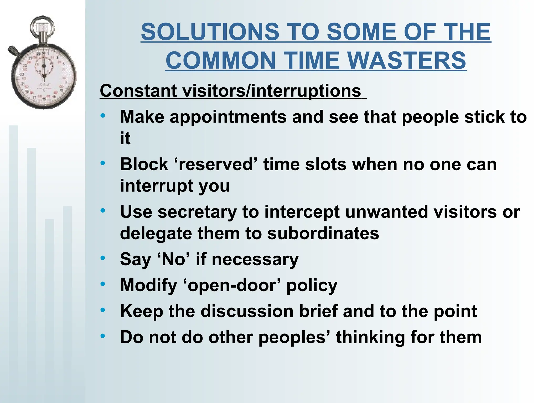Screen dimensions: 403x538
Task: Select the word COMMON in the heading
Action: (x=220, y=61)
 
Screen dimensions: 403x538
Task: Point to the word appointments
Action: (x=228, y=117)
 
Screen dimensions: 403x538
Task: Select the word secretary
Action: (x=197, y=212)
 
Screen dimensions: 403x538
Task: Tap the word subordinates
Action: (x=323, y=233)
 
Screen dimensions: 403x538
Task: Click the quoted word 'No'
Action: (x=173, y=259)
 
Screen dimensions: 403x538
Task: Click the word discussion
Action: (x=247, y=311)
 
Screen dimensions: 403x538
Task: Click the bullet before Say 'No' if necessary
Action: (x=103, y=258)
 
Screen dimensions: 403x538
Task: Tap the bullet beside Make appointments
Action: (x=103, y=115)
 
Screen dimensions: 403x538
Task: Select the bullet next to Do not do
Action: (x=103, y=336)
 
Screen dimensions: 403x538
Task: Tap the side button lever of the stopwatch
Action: (x=13, y=51)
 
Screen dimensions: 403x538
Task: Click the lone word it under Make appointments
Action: (x=125, y=138)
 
